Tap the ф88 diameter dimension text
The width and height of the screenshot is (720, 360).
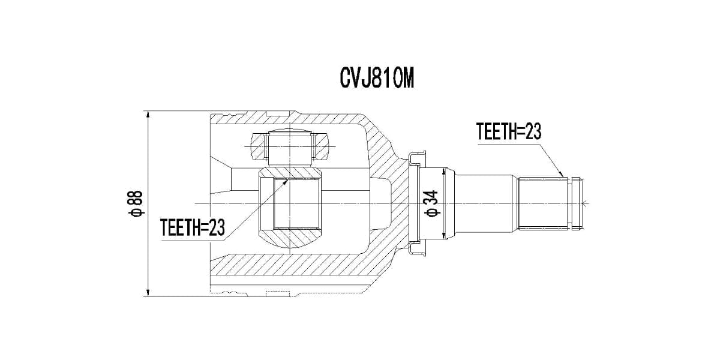136,203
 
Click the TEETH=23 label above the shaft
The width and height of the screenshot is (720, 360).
508,132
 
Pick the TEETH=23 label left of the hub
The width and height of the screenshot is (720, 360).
193,227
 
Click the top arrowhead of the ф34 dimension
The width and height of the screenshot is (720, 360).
443,172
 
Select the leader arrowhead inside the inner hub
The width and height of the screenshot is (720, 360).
287,178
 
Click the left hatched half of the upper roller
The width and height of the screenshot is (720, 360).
257,146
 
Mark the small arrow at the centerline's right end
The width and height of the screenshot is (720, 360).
589,204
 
